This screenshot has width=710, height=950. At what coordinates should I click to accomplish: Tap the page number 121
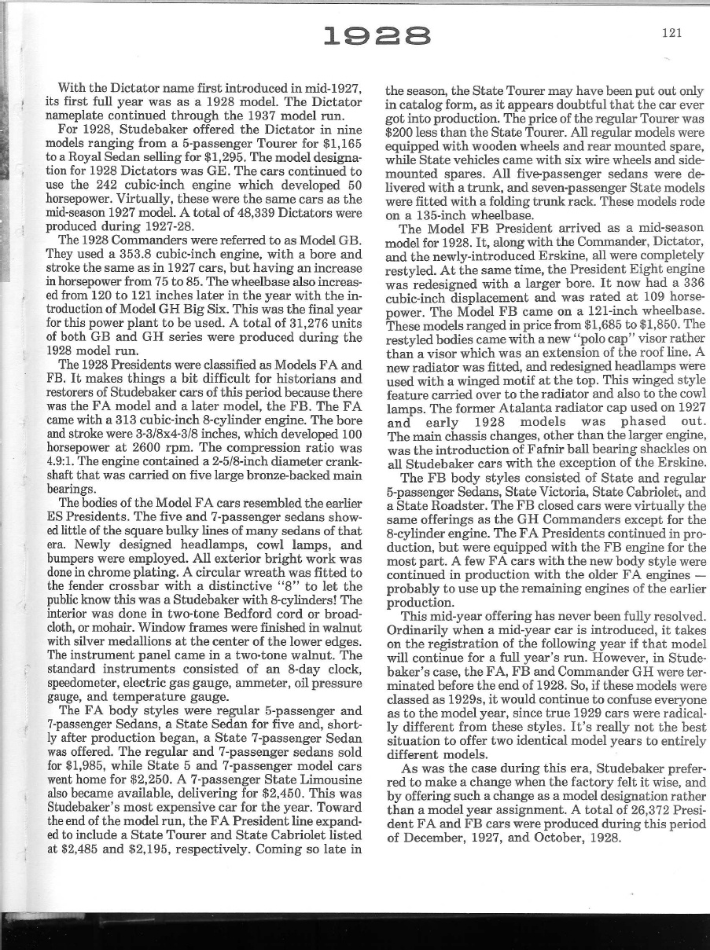point(671,32)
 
